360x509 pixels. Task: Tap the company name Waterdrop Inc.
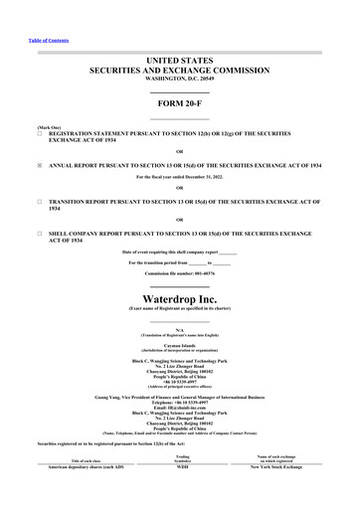click(x=180, y=297)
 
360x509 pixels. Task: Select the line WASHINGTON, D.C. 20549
click(x=180, y=79)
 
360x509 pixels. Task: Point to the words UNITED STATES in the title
click(x=180, y=62)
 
